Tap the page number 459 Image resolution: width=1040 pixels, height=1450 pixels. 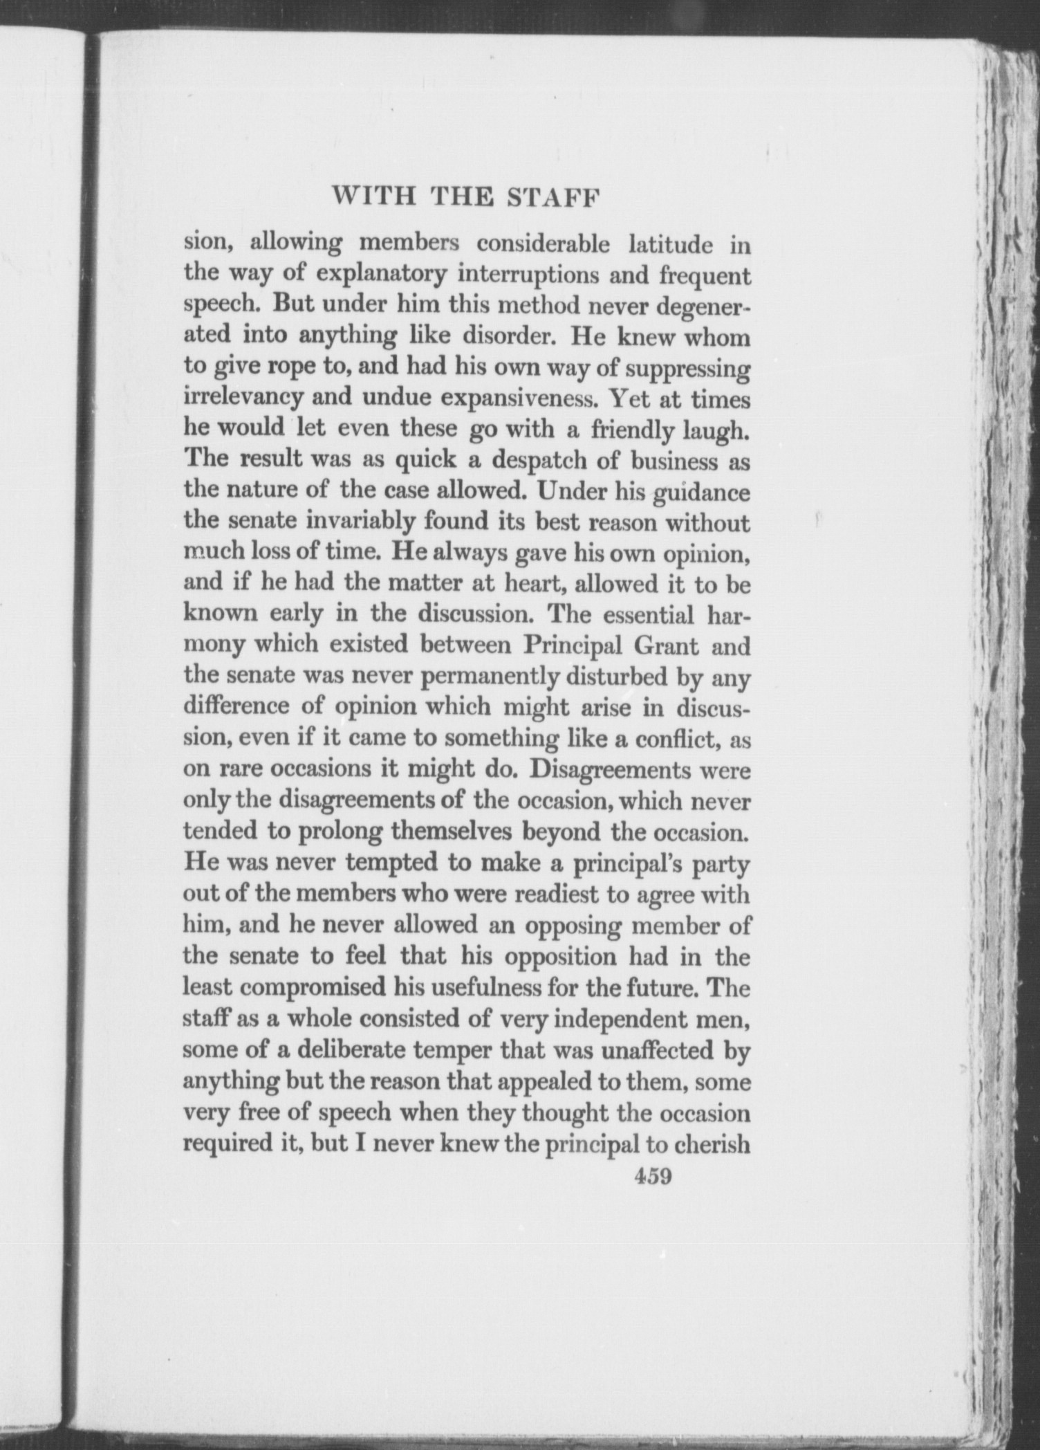click(x=653, y=1176)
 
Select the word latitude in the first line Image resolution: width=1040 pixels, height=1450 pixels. click(x=671, y=244)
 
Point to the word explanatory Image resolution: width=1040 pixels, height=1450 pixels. click(x=381, y=275)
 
